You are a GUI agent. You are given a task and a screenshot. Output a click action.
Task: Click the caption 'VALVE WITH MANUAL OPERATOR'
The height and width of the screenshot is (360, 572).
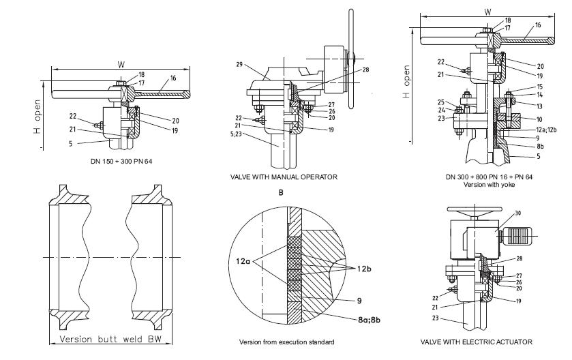coord(284,177)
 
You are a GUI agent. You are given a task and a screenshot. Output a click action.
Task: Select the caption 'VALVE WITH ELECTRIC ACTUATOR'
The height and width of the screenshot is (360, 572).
coord(476,342)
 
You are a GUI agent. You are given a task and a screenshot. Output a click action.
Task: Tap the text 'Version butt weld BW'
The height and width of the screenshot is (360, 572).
coord(111,340)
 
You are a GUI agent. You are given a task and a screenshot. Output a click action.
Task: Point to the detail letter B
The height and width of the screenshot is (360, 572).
coord(280,192)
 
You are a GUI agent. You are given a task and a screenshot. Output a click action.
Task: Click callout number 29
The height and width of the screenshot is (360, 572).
coord(239,65)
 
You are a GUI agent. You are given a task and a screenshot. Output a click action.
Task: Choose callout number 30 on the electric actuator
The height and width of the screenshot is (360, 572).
coord(518,213)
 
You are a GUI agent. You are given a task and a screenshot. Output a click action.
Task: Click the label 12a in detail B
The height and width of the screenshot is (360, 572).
coord(243,261)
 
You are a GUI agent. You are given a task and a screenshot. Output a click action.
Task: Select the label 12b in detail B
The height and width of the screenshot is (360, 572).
coord(364,269)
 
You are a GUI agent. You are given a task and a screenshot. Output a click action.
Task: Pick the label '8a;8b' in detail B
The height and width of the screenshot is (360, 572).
coord(369,320)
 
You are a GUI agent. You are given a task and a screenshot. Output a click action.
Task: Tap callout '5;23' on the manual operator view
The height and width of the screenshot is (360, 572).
coord(236,134)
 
